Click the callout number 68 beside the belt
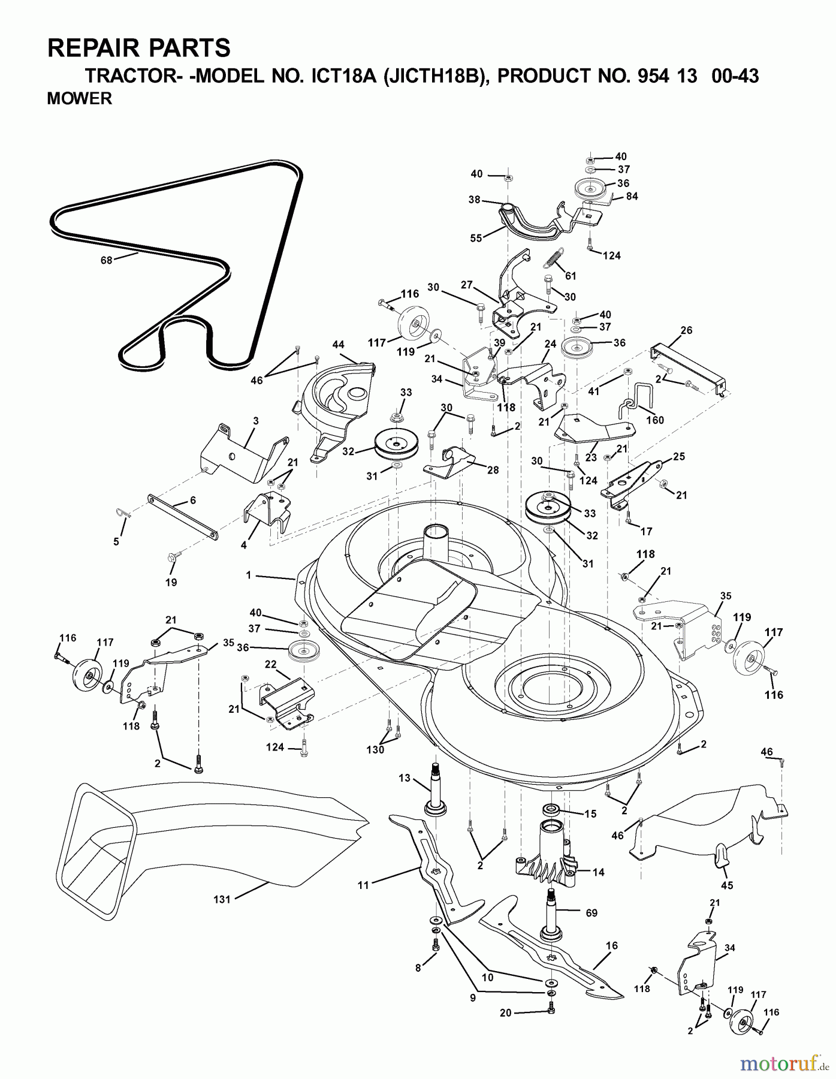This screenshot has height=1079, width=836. (106, 260)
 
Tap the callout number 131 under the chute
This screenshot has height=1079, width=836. (222, 899)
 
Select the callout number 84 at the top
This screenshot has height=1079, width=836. (632, 196)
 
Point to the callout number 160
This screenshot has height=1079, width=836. (655, 420)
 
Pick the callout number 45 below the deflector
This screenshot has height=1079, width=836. (727, 885)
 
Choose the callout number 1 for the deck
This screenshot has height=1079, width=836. (248, 575)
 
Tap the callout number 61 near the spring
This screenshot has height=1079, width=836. (571, 276)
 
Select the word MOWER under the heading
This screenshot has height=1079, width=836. (79, 99)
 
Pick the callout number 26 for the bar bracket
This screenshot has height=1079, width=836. (686, 330)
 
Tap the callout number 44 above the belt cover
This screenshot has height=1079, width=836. (339, 345)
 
